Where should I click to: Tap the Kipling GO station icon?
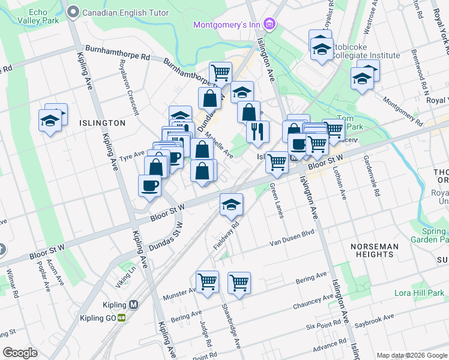coord(122,317)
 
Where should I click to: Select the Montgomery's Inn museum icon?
coord(270,24)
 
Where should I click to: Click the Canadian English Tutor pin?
coord(74,11)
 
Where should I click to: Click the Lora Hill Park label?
coord(418,293)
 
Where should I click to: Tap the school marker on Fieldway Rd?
coord(231,205)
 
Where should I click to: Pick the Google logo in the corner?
coord(20,353)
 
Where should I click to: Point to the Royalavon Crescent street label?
coord(128,86)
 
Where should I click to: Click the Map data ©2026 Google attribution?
coord(411,355)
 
